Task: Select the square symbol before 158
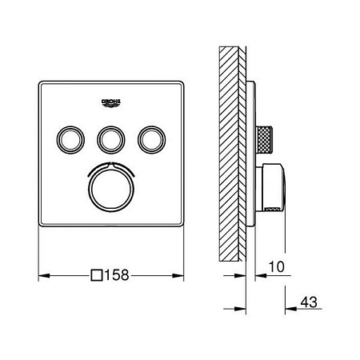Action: [97, 274]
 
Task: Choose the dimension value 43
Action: [308, 305]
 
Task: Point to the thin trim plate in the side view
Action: [253, 152]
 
